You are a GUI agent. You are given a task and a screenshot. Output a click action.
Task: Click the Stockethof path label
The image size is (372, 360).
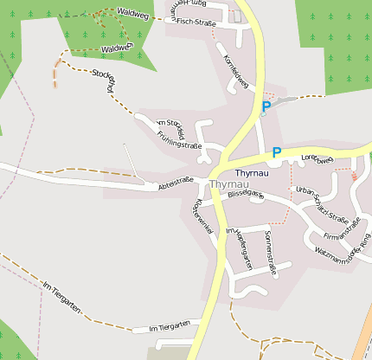tap(104, 80)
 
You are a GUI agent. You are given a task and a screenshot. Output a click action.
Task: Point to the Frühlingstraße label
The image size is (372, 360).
tap(179, 139)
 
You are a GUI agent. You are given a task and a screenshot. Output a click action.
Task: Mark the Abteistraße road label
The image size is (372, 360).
tap(175, 185)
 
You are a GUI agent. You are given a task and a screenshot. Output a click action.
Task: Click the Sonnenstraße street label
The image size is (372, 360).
tap(270, 252)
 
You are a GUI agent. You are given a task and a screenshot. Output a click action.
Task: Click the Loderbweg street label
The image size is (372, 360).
tap(317, 158)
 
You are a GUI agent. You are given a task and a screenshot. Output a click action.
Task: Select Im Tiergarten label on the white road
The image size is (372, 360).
tap(169, 326)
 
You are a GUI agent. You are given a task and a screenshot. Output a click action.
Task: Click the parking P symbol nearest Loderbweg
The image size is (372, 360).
tap(277, 152)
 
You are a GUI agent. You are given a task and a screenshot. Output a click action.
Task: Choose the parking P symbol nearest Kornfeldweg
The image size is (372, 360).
tap(266, 106)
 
